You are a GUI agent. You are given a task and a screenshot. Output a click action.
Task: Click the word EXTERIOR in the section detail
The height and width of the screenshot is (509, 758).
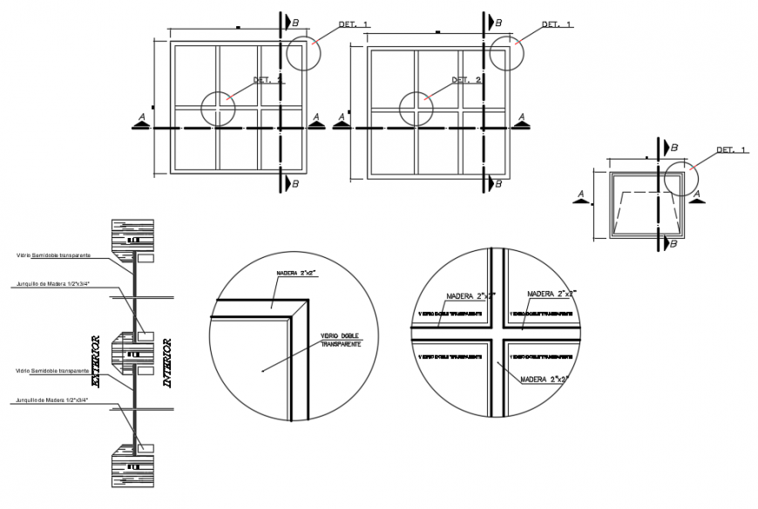(97, 362)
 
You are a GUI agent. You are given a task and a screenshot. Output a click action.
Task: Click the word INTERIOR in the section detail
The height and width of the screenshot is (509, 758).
(167, 362)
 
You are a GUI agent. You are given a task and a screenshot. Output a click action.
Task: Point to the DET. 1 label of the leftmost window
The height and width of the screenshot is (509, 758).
(353, 25)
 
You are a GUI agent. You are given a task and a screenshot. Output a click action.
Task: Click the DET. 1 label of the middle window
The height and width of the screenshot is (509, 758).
(556, 25)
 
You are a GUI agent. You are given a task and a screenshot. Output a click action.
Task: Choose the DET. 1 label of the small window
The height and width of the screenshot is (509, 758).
(731, 150)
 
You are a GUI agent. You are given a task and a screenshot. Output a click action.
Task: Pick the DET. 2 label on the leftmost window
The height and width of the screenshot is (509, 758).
(268, 80)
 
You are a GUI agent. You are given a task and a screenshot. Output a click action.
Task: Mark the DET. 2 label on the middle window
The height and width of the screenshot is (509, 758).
(466, 80)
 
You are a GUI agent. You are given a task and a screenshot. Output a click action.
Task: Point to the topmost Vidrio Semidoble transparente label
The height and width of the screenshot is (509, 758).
(52, 256)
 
